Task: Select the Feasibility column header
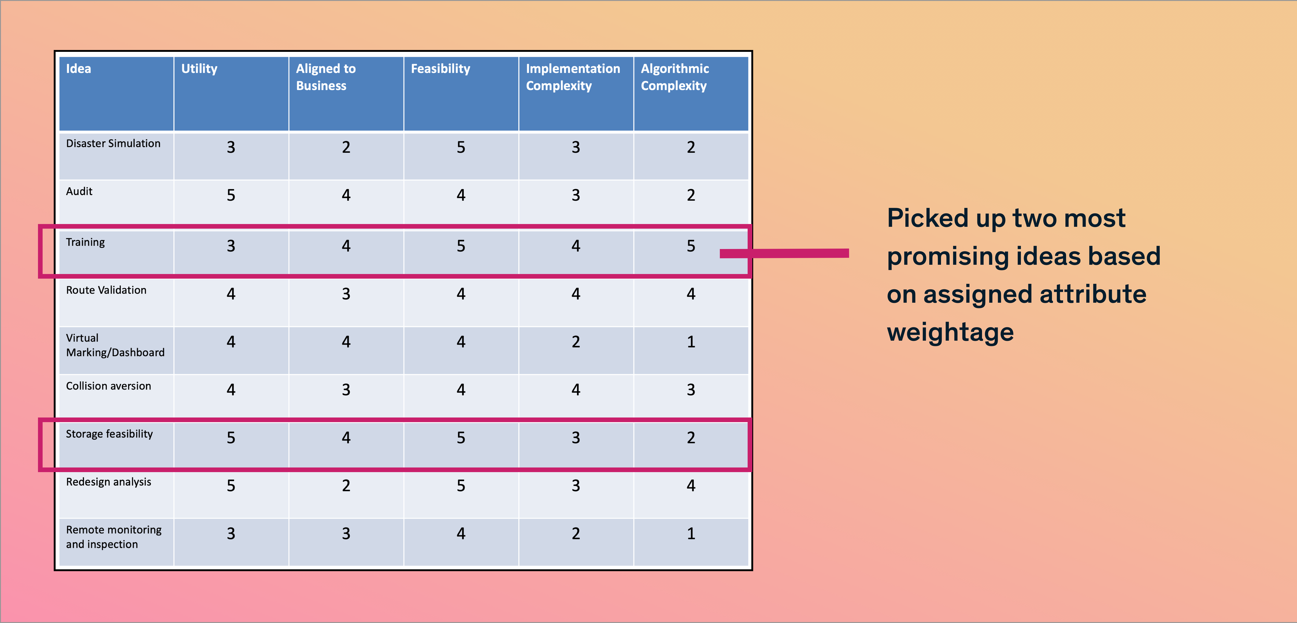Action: click(441, 69)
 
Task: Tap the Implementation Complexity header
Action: click(573, 77)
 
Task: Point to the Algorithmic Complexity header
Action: click(675, 77)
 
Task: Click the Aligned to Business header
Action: click(326, 77)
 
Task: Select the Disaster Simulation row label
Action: click(113, 143)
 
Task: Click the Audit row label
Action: click(79, 191)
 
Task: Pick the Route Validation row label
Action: click(106, 290)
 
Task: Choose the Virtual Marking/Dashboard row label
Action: click(115, 345)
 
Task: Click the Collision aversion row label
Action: click(108, 386)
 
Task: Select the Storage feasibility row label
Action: click(109, 434)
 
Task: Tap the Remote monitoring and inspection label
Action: click(114, 537)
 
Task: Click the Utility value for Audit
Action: click(231, 195)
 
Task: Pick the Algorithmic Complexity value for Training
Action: click(691, 246)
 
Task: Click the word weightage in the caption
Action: click(950, 333)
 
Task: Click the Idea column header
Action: click(79, 69)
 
